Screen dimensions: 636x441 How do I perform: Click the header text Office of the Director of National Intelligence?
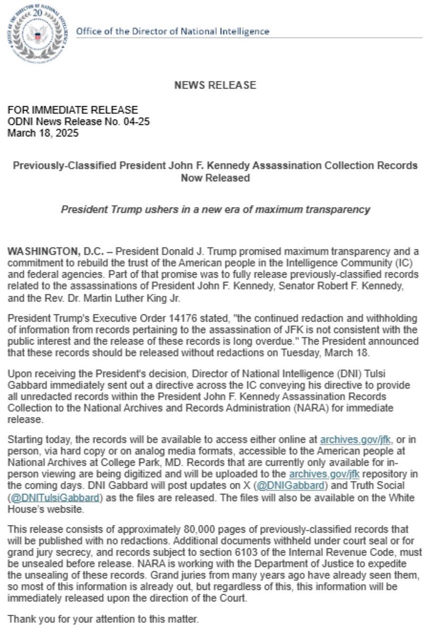173,31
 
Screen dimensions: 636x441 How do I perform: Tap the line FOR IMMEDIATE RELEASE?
73,110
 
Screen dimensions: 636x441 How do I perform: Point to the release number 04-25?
138,122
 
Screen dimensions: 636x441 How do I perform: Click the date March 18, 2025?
43,133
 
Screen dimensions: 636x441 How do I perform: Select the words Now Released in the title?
215,179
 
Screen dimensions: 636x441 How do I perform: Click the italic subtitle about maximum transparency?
215,209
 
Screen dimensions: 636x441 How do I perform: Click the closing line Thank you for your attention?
103,619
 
